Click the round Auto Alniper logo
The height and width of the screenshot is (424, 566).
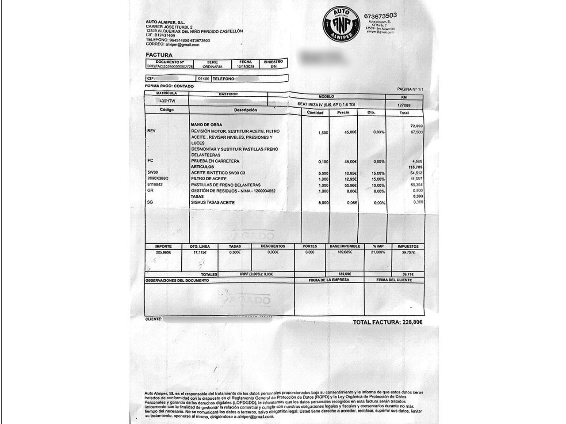(x=340, y=24)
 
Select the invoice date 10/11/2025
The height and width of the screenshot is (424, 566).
(x=245, y=67)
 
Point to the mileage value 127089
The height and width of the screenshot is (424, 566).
(x=404, y=105)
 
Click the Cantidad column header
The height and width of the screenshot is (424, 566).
(x=315, y=113)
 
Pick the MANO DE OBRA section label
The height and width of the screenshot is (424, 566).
(x=207, y=125)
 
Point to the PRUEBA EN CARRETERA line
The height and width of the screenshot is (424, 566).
(x=215, y=161)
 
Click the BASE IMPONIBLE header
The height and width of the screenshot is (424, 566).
(x=345, y=246)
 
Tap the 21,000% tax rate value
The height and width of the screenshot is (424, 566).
(x=378, y=252)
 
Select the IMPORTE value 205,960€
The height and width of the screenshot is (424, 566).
(x=163, y=252)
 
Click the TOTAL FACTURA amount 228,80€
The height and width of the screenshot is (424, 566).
(x=412, y=322)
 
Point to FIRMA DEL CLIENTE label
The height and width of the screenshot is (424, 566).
(x=394, y=280)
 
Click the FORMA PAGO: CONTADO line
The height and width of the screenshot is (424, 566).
(x=169, y=86)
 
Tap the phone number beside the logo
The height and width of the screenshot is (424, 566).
(x=380, y=16)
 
